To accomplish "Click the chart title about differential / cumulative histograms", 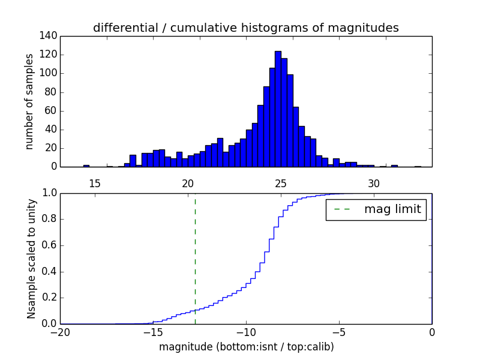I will click(x=245, y=28).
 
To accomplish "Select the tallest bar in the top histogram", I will click(x=278, y=109).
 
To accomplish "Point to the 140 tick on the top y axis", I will click(x=50, y=36).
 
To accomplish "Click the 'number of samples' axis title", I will click(x=29, y=101).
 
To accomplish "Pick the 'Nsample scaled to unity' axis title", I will click(x=31, y=258).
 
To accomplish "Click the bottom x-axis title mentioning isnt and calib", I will click(x=246, y=347).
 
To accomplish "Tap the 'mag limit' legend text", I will click(x=392, y=209).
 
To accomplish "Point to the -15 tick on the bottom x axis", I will click(x=152, y=332).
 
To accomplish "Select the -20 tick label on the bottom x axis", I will click(x=60, y=332).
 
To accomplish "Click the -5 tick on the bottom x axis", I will click(x=338, y=332).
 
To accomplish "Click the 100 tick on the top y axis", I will click(x=50, y=73).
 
